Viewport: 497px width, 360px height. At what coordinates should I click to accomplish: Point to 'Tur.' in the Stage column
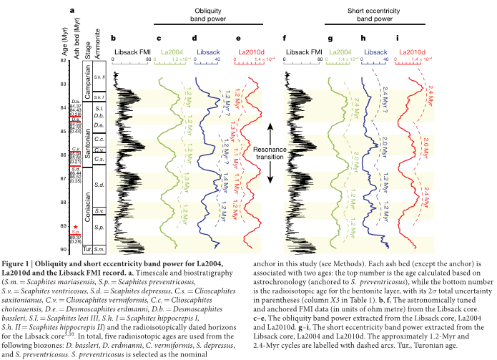pos(87,249)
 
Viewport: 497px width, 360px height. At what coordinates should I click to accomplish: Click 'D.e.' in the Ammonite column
pos(99,126)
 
